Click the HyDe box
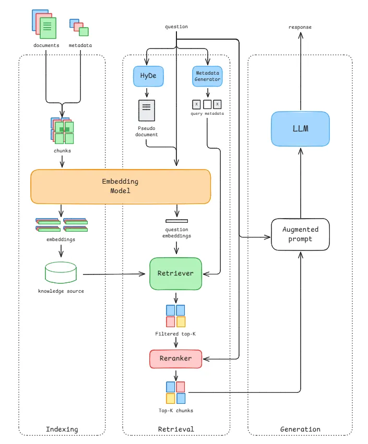[x=148, y=76]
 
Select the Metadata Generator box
[x=208, y=76]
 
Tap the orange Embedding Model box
[x=121, y=186]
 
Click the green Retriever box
[x=175, y=273]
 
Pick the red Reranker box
[x=175, y=358]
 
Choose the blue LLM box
[x=301, y=128]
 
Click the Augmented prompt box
[x=301, y=234]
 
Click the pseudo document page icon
[x=147, y=111]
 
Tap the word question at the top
[x=176, y=27]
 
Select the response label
[x=300, y=27]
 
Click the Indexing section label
[x=62, y=429]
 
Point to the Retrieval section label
[x=176, y=429]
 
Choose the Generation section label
[x=300, y=429]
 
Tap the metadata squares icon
[x=79, y=28]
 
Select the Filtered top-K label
[x=175, y=333]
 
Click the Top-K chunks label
[x=176, y=411]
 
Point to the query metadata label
[x=208, y=114]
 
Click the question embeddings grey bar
[x=176, y=221]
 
